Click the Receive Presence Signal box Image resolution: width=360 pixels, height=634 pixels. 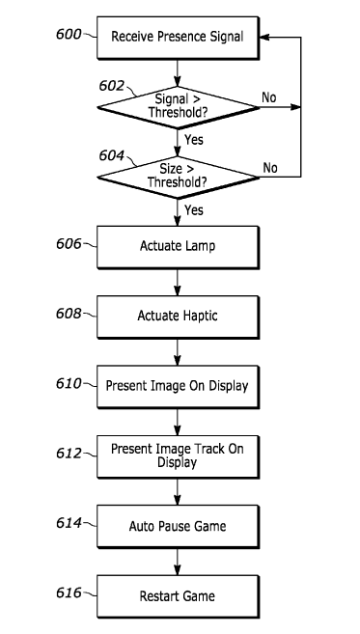178,38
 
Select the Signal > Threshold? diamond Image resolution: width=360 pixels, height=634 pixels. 178,107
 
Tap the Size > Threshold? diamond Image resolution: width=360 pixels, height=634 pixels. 178,178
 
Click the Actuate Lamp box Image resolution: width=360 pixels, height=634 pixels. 178,247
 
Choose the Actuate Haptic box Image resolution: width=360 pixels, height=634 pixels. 178,317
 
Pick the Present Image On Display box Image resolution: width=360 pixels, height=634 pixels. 178,387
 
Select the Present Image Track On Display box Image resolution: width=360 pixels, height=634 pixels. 178,456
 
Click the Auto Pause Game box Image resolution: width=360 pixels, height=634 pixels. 178,527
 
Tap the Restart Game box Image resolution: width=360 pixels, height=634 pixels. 178,596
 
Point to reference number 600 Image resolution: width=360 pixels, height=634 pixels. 69,35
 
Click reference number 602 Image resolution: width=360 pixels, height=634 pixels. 112,86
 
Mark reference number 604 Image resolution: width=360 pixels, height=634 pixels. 112,155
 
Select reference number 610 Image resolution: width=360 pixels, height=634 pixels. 69,383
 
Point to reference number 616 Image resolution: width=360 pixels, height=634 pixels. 69,593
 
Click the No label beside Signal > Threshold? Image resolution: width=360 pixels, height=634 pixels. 269,97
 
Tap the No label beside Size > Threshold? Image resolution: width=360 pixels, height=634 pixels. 270,167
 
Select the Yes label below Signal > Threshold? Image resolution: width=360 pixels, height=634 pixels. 194,140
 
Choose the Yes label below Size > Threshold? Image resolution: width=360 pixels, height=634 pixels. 194,209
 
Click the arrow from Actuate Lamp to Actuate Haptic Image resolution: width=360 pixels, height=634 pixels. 178,282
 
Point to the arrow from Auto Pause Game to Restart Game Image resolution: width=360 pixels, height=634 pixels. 178,562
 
